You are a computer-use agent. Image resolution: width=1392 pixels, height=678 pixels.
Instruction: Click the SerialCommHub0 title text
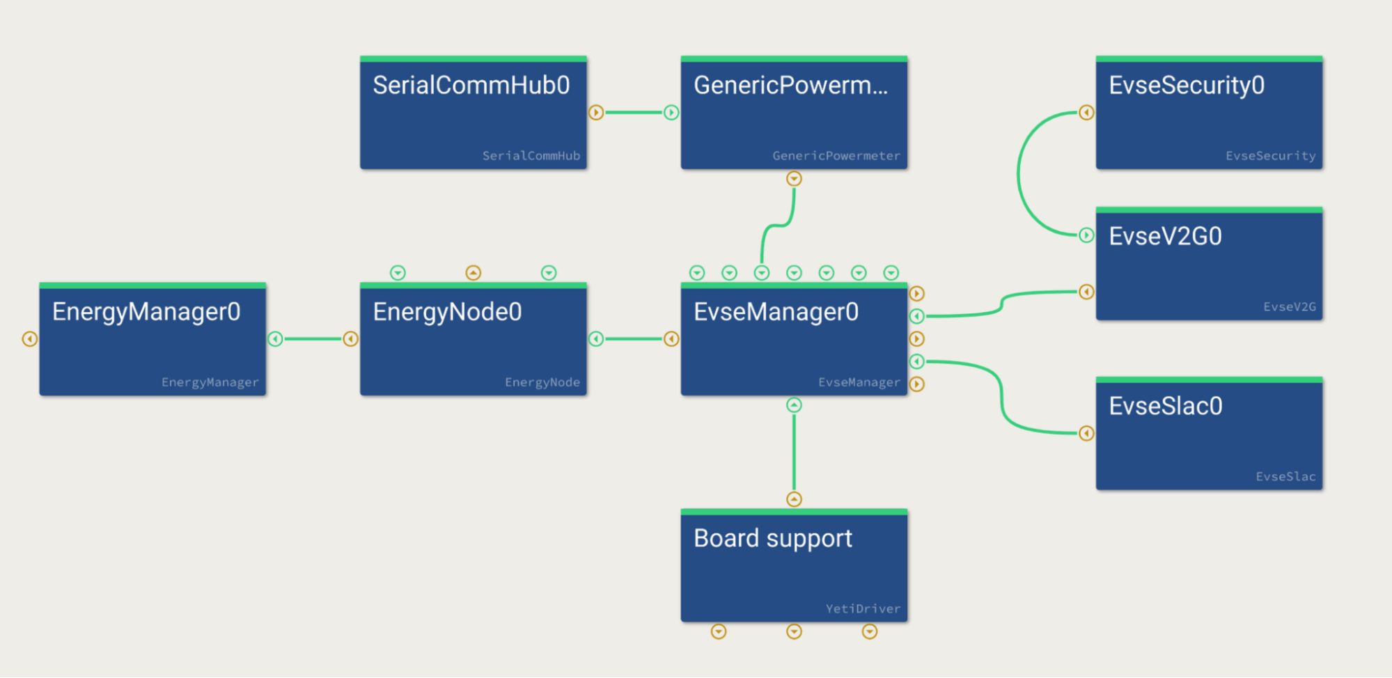point(471,86)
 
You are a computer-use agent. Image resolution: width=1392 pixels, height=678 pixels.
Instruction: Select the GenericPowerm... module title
point(790,86)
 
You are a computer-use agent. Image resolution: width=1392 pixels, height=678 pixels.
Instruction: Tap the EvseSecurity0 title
point(1186,86)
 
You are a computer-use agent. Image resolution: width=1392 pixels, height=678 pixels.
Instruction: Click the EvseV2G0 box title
point(1165,237)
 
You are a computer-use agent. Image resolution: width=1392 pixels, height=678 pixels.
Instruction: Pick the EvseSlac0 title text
point(1165,407)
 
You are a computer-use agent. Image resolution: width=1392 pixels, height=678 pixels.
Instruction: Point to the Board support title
point(772,539)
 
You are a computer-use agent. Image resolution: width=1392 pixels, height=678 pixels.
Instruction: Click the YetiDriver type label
point(863,609)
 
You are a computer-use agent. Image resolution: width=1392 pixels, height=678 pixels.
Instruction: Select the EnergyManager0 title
point(146,312)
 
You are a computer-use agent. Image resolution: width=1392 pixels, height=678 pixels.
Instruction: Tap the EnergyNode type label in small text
point(542,382)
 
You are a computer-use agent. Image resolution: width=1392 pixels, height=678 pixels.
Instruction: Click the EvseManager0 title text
point(776,312)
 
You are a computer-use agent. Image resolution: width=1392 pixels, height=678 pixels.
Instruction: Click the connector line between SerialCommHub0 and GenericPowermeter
point(633,113)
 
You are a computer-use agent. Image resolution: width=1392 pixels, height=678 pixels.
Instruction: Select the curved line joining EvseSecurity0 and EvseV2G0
point(1019,174)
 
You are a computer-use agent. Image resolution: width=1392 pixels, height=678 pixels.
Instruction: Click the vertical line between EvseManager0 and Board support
point(794,452)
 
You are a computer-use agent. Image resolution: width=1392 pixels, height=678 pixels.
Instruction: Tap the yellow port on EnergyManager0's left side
point(29,339)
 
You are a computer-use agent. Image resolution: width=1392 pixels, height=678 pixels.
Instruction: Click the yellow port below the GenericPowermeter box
point(794,179)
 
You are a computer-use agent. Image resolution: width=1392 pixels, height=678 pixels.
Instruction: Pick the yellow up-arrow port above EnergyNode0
point(473,273)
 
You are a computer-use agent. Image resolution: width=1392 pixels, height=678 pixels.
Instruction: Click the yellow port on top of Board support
point(794,499)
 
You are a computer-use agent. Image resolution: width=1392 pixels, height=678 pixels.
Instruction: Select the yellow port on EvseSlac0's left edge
point(1086,434)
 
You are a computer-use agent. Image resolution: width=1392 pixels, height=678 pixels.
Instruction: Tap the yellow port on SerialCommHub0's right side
point(596,113)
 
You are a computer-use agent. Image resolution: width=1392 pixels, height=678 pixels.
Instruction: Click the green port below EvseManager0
point(794,405)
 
